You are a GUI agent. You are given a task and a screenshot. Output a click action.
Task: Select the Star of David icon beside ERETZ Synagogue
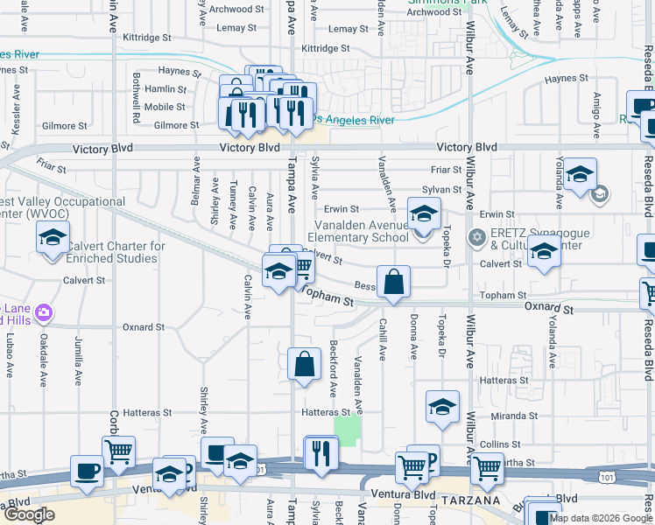coord(476,237)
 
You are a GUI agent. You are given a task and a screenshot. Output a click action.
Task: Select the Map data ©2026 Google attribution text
coord(601,518)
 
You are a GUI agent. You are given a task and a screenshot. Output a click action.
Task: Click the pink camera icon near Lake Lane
coord(45,312)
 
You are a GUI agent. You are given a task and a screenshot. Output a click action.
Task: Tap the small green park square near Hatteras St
coord(348,430)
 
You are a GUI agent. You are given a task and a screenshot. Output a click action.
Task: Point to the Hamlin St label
coord(166,89)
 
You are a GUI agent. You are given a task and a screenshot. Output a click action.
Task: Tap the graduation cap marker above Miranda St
coord(442,407)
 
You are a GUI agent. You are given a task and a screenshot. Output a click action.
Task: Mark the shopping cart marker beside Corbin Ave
coord(118,451)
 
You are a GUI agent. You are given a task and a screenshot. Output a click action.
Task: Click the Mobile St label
coord(165,108)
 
